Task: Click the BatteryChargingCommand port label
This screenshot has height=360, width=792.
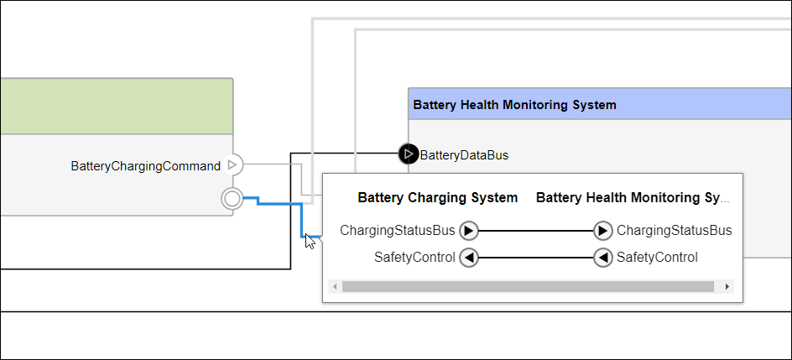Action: (146, 166)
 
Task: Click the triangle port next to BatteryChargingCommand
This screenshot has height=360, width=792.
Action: (234, 165)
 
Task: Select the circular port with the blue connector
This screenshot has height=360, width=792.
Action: (232, 199)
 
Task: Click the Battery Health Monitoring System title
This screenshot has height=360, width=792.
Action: (514, 105)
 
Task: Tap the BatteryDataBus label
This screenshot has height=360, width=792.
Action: (464, 154)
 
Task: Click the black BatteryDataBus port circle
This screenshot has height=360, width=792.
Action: (408, 154)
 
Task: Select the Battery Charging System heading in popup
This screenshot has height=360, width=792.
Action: (437, 198)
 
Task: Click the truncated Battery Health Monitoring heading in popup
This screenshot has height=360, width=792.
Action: (633, 198)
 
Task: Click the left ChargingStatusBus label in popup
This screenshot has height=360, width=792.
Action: (398, 230)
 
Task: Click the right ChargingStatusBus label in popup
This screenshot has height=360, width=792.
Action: (674, 230)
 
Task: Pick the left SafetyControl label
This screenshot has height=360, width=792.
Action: (414, 258)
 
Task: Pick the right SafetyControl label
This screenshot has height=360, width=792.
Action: (657, 258)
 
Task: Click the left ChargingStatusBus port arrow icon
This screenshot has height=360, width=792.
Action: (469, 230)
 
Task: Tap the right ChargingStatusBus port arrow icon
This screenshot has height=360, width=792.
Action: (602, 230)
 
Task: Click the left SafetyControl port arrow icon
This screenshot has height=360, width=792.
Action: (469, 258)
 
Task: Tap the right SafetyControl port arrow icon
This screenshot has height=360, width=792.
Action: (602, 258)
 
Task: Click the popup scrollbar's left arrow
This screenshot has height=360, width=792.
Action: (336, 287)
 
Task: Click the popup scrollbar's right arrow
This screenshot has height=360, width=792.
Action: (727, 287)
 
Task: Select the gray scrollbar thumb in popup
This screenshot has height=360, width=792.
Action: (528, 287)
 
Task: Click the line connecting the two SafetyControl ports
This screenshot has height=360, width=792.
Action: (535, 258)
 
